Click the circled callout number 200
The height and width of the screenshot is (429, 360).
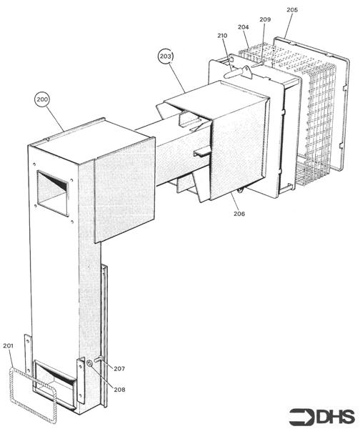[x=42, y=99]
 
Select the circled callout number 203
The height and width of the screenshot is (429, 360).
[x=166, y=56]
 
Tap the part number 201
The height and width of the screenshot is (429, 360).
[x=8, y=346]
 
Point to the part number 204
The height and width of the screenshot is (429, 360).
[x=244, y=27]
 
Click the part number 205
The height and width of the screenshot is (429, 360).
[x=292, y=10]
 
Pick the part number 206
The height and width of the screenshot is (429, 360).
[x=239, y=214]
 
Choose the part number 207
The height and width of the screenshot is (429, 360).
[x=119, y=369]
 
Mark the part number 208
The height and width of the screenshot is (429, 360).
[x=119, y=390]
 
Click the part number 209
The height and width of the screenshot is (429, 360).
[x=265, y=19]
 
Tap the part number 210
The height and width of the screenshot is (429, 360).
[x=222, y=36]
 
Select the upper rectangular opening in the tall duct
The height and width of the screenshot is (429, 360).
[x=52, y=193]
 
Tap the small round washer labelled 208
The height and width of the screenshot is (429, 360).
[x=89, y=363]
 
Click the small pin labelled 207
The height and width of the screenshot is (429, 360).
[x=99, y=359]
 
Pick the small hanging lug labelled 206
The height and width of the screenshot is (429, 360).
[x=241, y=190]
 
